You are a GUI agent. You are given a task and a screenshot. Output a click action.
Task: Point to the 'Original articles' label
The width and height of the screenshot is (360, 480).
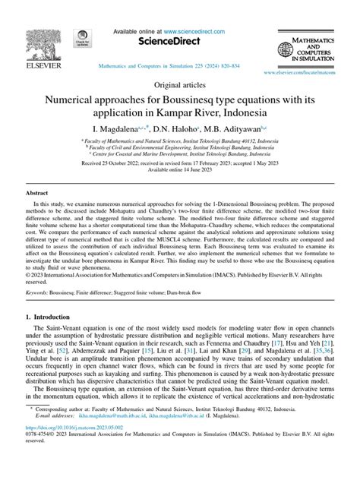tap(179, 85)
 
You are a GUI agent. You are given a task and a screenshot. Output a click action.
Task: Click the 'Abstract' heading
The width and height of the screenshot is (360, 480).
tap(37, 194)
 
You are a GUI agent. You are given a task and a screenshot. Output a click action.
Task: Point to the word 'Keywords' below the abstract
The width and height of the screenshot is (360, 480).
tap(39, 292)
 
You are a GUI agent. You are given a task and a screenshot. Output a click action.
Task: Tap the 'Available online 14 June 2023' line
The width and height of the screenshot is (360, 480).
tap(179, 171)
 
